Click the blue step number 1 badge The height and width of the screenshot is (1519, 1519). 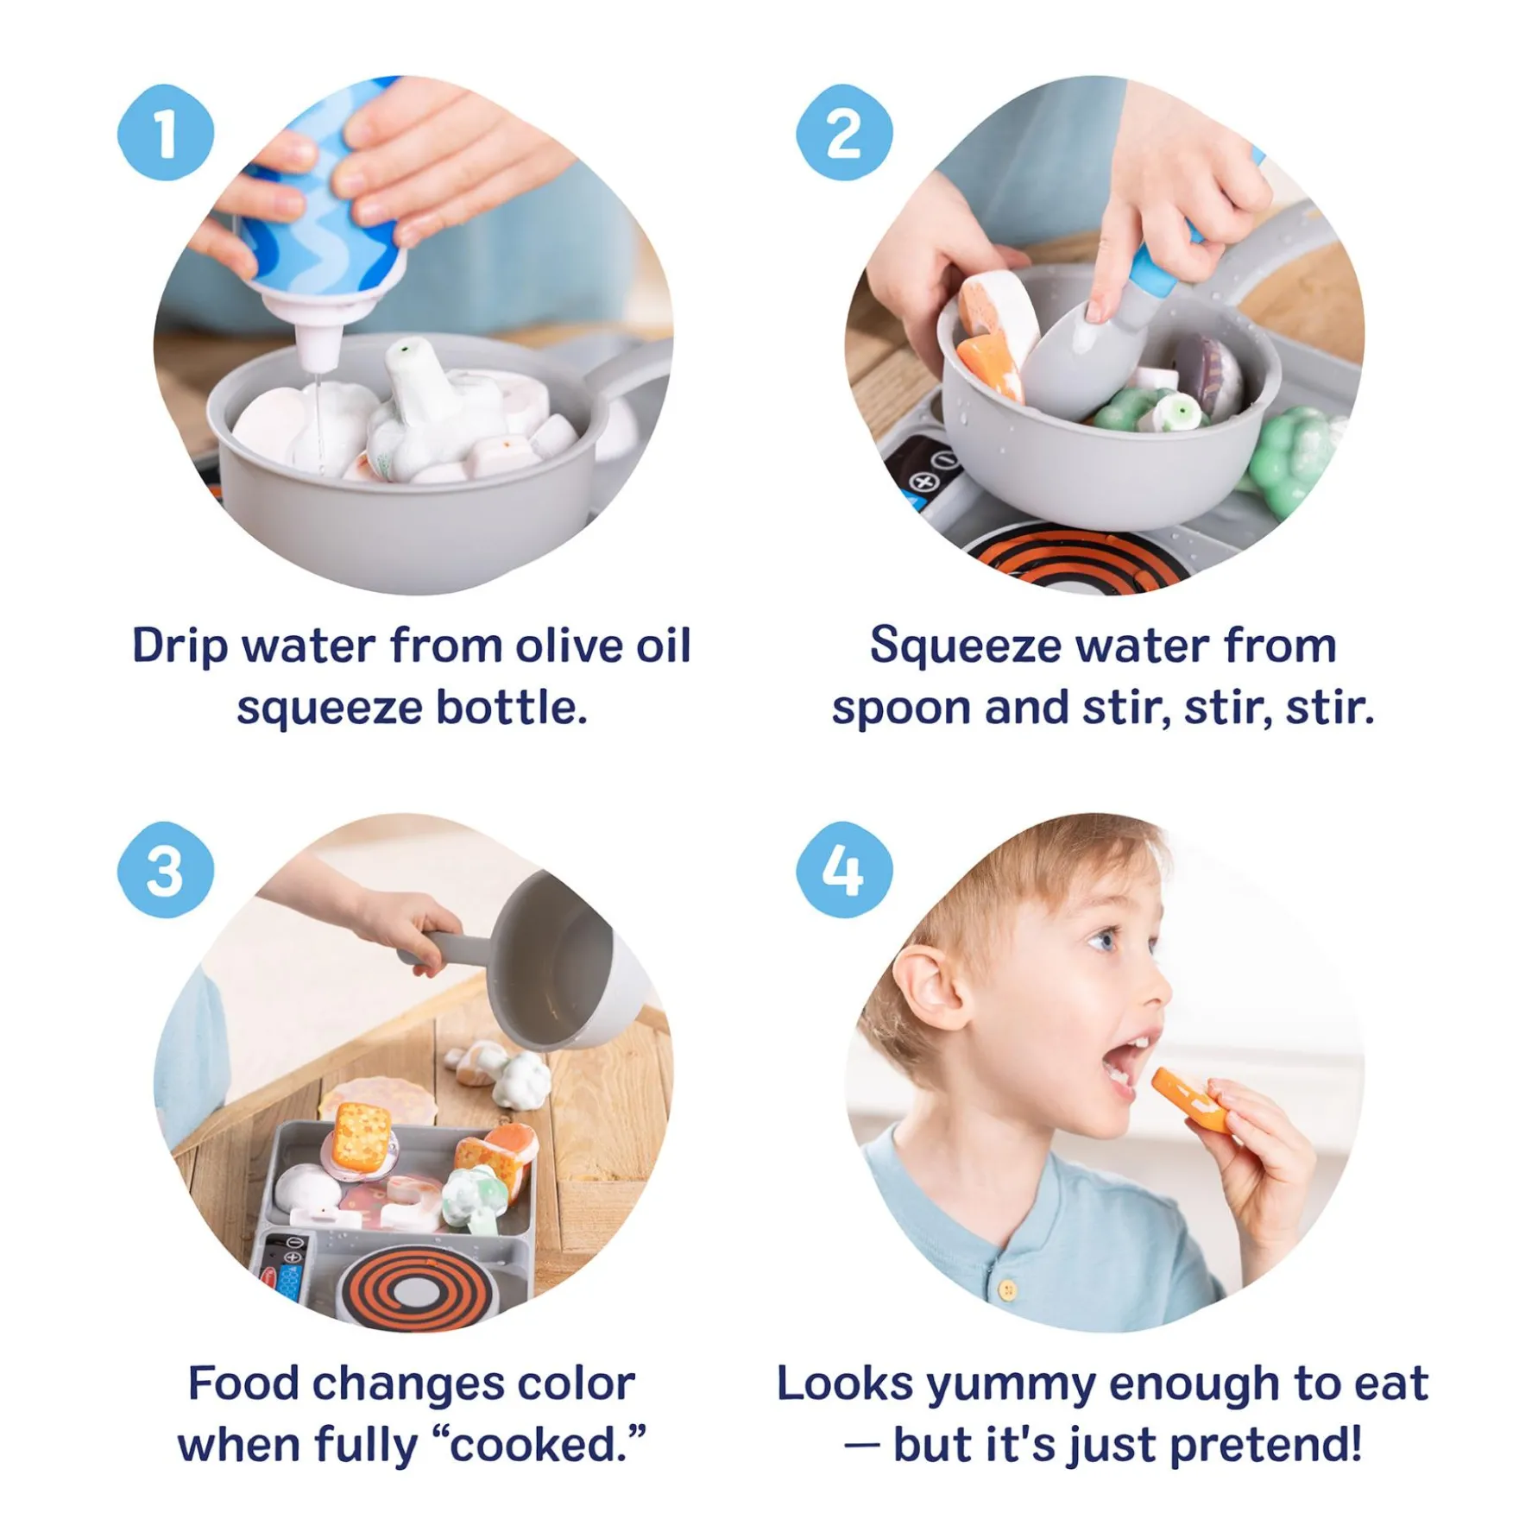click(x=165, y=132)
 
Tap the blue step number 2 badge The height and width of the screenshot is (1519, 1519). click(x=843, y=132)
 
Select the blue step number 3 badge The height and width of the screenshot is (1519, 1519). click(x=165, y=869)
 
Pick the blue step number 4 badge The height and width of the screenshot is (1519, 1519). click(x=843, y=869)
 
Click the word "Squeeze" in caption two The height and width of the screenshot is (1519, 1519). click(x=965, y=647)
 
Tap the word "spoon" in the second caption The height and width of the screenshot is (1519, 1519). click(x=901, y=709)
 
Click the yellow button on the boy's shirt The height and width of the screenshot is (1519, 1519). click(x=1007, y=1290)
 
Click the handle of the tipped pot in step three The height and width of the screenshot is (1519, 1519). click(x=445, y=949)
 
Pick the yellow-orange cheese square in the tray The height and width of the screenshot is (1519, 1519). click(x=362, y=1132)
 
